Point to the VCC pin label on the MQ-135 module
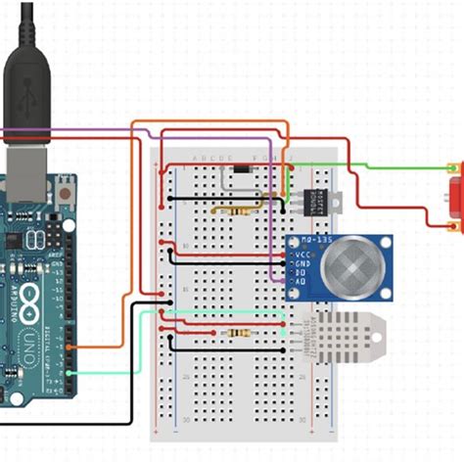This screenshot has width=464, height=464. (x=302, y=255)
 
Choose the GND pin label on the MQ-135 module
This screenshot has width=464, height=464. (x=302, y=263)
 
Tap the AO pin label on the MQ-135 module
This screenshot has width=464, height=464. (x=301, y=282)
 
